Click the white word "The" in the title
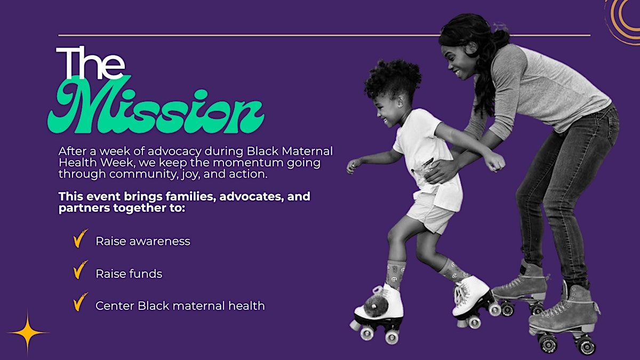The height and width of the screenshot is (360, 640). tap(90, 63)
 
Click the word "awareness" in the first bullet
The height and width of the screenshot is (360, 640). tap(159, 242)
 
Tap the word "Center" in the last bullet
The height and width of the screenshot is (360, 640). tap(115, 306)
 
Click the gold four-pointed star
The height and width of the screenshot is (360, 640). tap(28, 333)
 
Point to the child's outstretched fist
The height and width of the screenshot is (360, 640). tap(497, 163)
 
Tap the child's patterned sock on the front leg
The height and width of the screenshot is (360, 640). tap(395, 274)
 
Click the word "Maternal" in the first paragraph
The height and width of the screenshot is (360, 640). tap(307, 151)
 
